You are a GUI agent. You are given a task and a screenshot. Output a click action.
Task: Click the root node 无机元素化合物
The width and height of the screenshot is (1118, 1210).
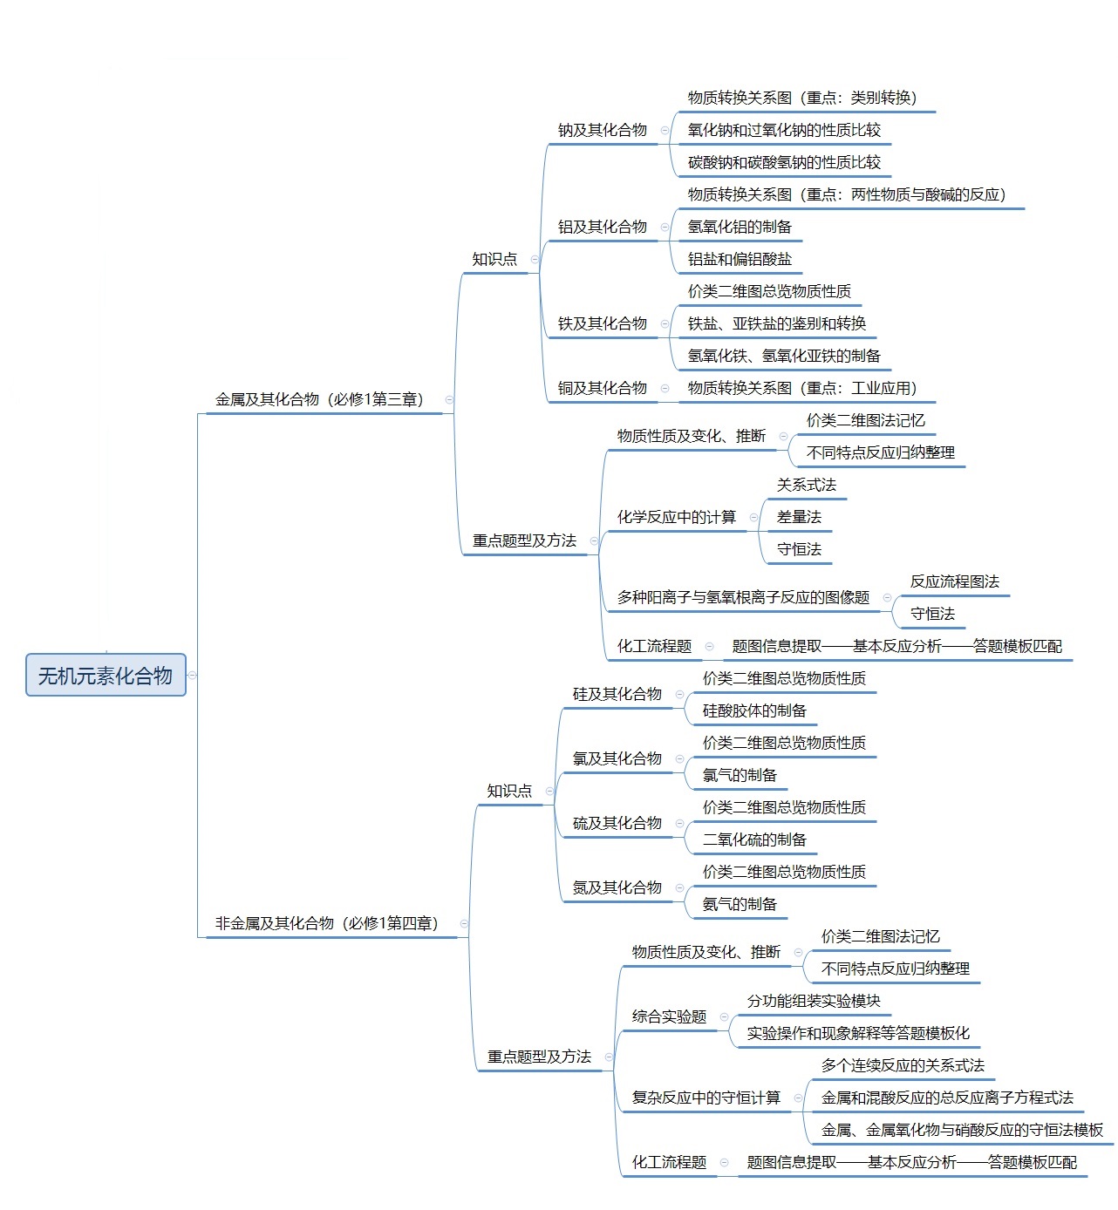pos(106,675)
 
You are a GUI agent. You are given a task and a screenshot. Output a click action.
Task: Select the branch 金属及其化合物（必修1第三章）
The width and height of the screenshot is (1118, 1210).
pos(319,399)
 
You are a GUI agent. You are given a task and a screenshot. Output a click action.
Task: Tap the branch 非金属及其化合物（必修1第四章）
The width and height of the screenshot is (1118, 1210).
pos(327,923)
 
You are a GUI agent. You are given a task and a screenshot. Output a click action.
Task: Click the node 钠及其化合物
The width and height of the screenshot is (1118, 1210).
pos(603,130)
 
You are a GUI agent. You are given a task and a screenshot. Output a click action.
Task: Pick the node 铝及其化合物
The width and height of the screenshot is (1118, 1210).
pos(603,227)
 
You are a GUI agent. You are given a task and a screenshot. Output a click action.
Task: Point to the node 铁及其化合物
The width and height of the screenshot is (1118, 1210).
pos(603,323)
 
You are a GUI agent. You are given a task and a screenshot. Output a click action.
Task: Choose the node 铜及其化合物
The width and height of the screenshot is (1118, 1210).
pos(603,388)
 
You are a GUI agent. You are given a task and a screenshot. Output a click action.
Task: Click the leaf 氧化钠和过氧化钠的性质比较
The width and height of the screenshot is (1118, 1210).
pos(784,130)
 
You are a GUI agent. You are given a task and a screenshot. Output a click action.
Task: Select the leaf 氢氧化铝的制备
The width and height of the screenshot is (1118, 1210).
pos(740,227)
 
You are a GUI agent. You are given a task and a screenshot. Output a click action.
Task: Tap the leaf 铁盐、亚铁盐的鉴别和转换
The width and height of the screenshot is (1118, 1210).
pos(777,323)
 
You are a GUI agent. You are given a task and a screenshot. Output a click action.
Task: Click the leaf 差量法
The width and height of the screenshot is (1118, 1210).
pos(799,517)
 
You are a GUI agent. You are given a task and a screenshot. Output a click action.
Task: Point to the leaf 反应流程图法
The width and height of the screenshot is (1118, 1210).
pos(955,581)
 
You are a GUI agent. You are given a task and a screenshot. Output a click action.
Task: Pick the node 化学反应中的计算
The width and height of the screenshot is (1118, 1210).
pos(677,517)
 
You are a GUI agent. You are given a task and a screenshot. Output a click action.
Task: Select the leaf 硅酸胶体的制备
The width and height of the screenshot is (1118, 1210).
pos(754,710)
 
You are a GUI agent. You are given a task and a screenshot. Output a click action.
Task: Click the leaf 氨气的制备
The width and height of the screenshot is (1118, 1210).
pos(740,904)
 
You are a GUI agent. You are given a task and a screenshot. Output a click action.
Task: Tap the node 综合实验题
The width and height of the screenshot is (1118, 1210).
pos(669,1016)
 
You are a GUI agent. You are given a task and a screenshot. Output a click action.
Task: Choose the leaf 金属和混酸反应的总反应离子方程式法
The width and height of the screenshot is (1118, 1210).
pos(947,1098)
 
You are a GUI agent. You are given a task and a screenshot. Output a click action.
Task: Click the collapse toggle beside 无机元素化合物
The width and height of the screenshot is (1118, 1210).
pos(192,675)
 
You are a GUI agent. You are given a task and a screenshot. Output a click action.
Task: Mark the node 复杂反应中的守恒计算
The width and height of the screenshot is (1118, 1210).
pos(706,1098)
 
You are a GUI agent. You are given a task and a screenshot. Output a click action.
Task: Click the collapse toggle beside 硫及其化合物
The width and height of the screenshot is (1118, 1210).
pos(679,824)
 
